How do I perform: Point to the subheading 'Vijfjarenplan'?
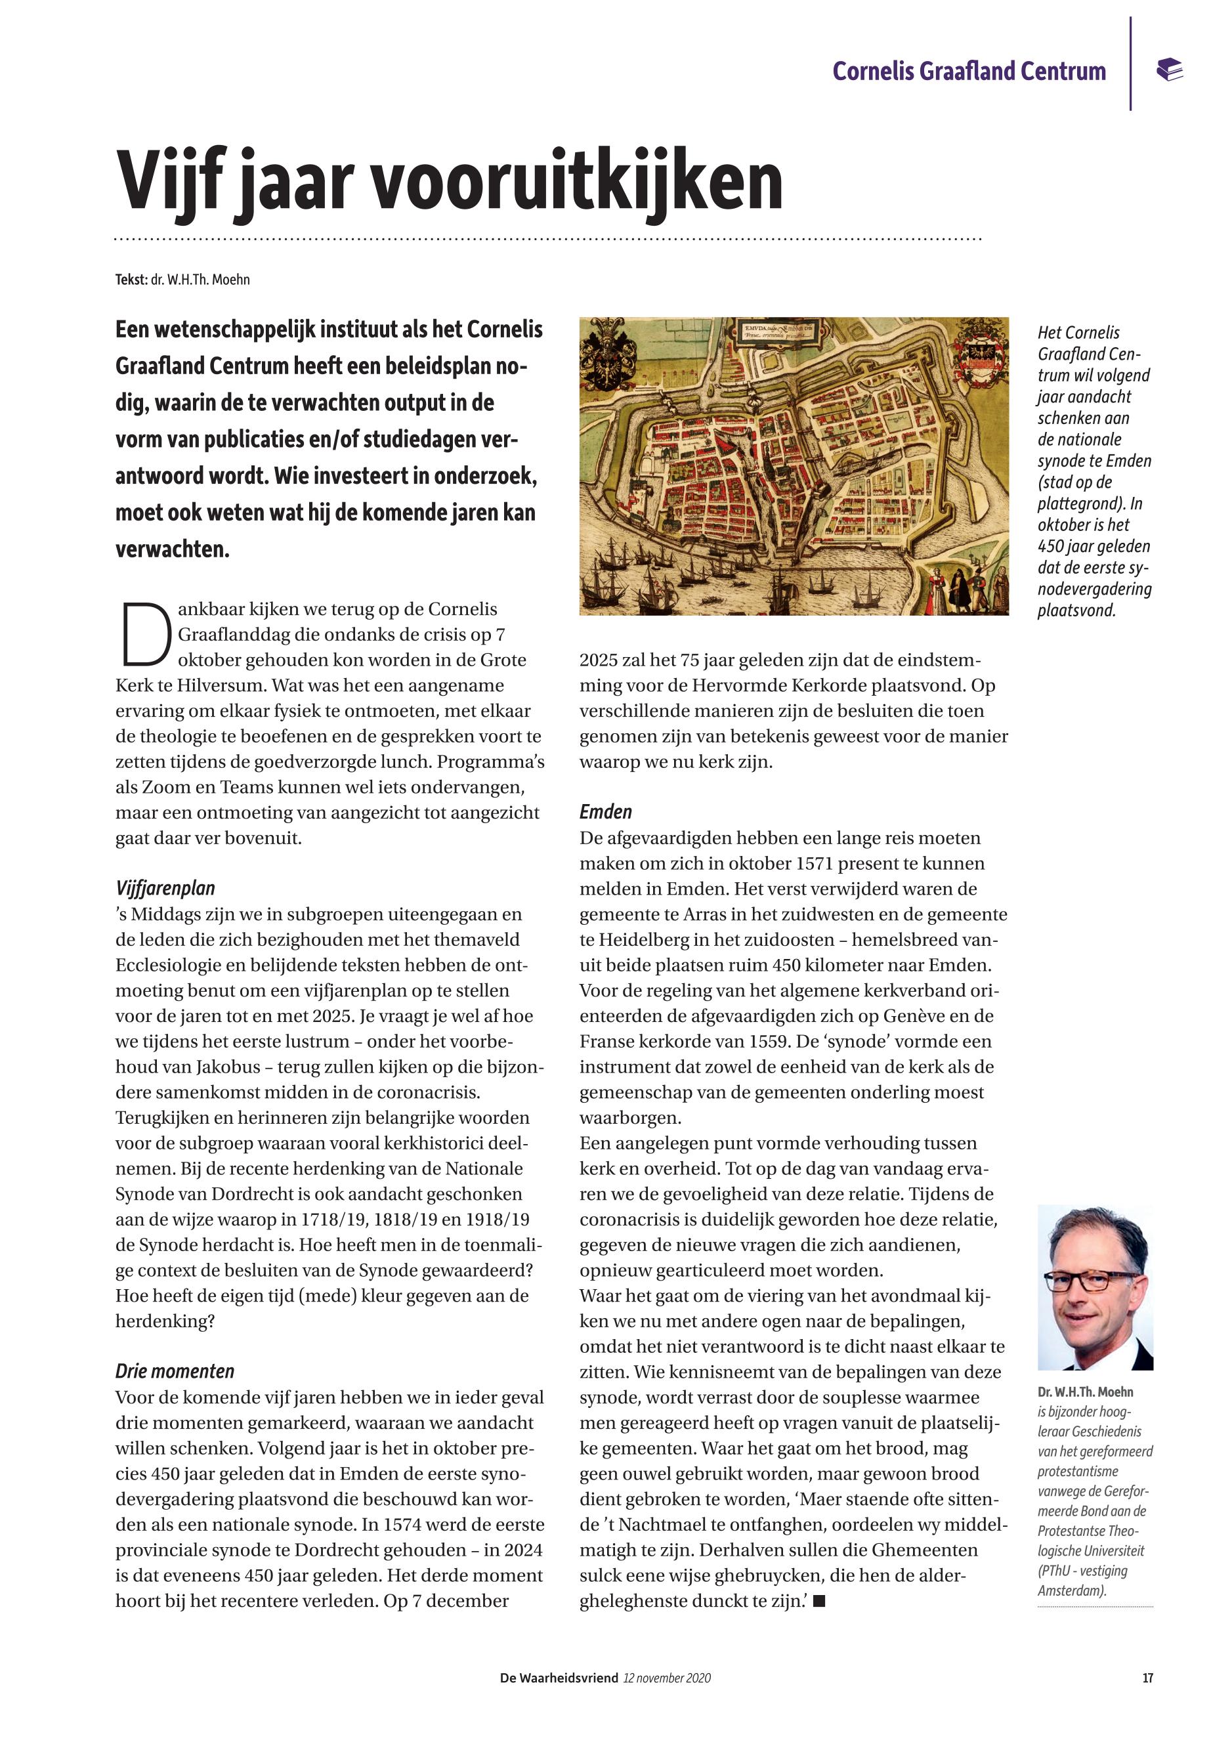click(165, 889)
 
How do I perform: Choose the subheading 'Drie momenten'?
click(175, 1371)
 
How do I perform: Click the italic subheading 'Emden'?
click(605, 812)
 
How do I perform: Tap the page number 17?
click(1147, 1678)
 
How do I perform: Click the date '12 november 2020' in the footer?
click(667, 1678)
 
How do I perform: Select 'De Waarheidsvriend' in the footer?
click(559, 1678)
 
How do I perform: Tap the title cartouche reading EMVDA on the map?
click(775, 331)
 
